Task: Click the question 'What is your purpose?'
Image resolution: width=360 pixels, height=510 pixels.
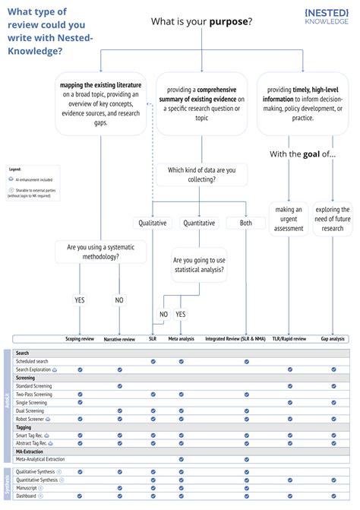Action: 201,21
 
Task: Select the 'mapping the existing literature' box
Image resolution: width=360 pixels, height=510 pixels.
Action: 100,103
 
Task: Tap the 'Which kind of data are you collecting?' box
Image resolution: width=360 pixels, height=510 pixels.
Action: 201,174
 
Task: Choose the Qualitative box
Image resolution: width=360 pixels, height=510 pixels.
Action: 153,223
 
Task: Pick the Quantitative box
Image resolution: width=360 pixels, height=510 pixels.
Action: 200,223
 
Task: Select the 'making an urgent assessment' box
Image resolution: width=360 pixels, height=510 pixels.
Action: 289,219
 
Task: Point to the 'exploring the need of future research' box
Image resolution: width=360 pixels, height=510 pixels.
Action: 333,219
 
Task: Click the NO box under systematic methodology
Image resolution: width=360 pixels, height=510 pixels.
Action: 119,299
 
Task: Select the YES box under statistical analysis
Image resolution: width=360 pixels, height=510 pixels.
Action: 181,313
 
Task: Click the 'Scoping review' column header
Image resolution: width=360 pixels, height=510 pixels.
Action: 79,338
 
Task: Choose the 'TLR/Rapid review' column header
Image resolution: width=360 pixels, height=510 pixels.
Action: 289,338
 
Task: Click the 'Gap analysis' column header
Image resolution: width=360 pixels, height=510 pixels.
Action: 333,338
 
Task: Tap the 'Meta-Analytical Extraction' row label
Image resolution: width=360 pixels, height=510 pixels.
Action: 40,459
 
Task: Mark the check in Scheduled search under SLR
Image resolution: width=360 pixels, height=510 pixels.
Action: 153,361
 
